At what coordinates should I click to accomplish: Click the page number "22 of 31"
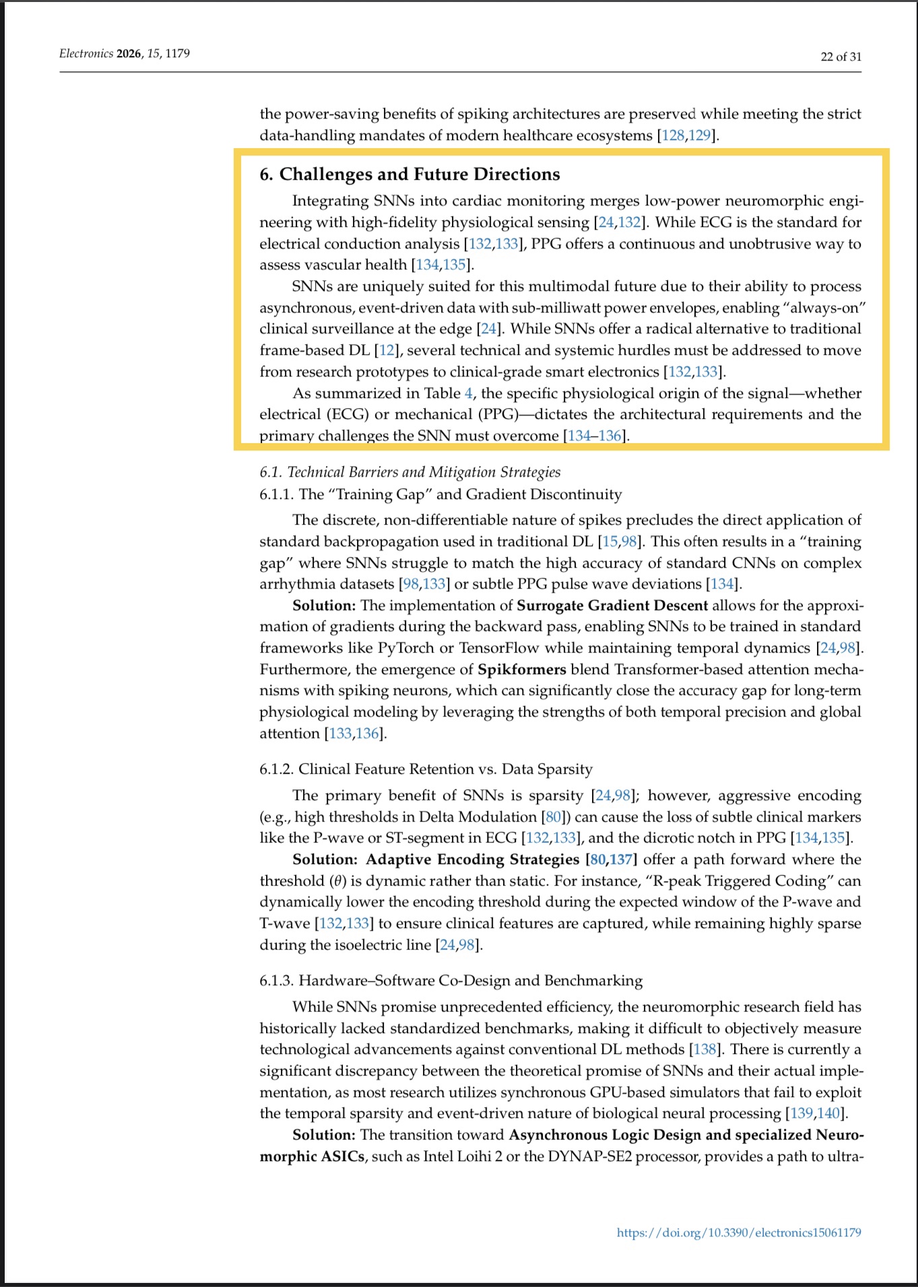coord(840,57)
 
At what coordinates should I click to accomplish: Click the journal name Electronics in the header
coord(86,53)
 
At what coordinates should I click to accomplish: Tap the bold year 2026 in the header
coord(129,53)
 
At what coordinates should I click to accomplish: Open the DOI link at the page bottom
coord(738,1232)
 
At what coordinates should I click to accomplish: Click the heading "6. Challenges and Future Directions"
coord(409,174)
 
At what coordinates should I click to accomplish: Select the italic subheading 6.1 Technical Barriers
coord(409,472)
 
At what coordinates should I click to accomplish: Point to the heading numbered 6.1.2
coord(426,769)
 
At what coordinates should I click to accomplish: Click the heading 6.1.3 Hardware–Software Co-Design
coord(451,981)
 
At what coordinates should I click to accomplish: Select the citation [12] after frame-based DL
coord(387,350)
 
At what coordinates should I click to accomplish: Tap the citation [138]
coord(705,1049)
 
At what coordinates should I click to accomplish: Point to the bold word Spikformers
coord(521,669)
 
